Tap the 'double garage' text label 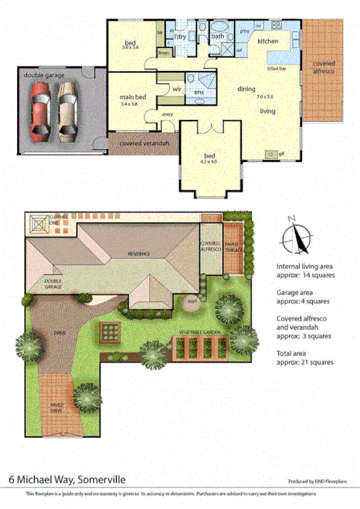[x=44, y=75]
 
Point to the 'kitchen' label [x=268, y=40]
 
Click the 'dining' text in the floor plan [x=246, y=89]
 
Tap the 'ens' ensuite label [x=199, y=92]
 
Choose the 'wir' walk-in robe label [x=175, y=90]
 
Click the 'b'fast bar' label [x=276, y=69]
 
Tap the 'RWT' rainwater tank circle [x=192, y=300]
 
